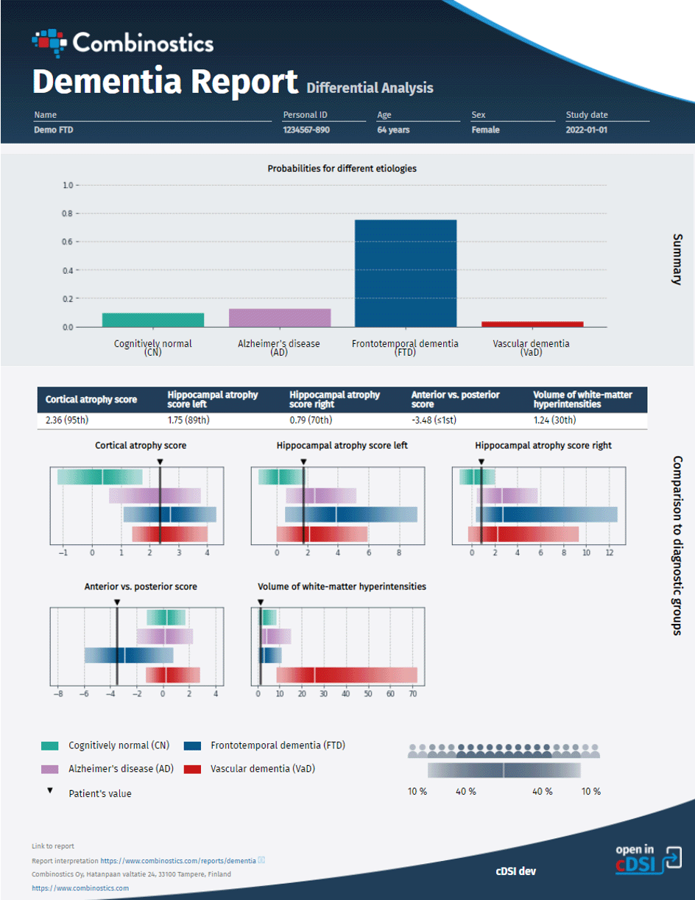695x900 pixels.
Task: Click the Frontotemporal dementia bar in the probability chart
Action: [x=406, y=273]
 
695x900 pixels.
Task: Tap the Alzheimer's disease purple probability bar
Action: [x=280, y=317]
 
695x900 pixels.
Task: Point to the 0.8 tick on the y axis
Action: [x=67, y=214]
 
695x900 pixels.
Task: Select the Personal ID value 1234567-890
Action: [x=306, y=130]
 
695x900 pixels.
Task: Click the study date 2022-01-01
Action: [x=587, y=130]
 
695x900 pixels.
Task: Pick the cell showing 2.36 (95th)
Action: [x=71, y=421]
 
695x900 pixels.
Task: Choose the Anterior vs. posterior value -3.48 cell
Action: [x=440, y=421]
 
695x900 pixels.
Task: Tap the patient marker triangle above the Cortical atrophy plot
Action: [x=160, y=461]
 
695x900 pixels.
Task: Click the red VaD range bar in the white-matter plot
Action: [x=346, y=675]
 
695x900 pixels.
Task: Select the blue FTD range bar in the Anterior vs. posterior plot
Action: [x=129, y=655]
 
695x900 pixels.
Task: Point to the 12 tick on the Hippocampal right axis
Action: [x=609, y=552]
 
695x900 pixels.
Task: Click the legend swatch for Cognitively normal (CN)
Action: [x=49, y=745]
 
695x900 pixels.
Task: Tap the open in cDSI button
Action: [x=649, y=860]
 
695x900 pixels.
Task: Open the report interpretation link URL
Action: [x=178, y=860]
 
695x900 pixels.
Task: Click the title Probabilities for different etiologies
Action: [x=342, y=169]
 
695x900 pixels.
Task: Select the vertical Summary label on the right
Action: [x=677, y=259]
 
